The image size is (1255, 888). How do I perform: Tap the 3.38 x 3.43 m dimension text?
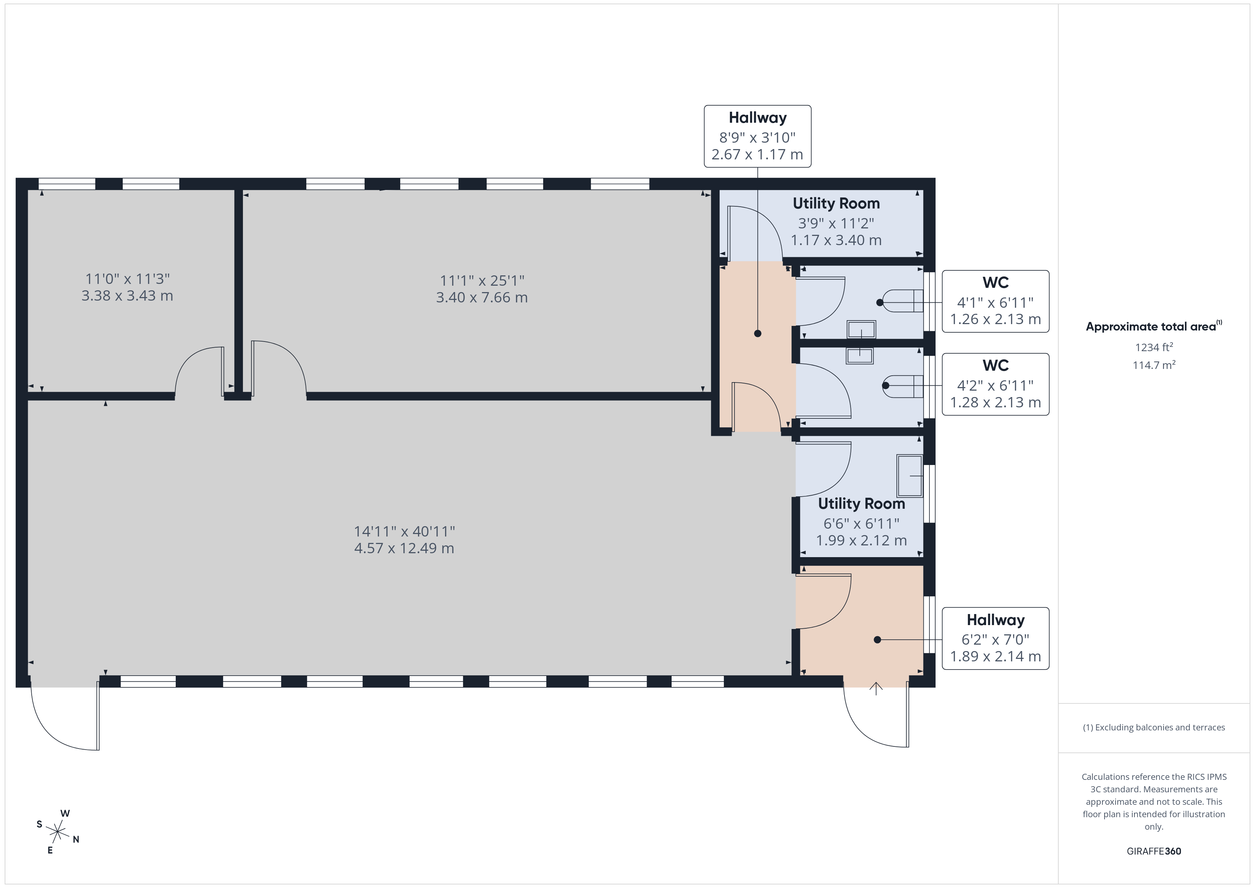(127, 296)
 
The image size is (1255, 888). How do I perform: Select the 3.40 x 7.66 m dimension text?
(482, 297)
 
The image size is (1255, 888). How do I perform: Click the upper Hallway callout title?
(758, 117)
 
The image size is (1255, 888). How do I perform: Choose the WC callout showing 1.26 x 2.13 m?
(995, 301)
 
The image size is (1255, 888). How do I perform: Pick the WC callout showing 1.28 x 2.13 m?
(995, 384)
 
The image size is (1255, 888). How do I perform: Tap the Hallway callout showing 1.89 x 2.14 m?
(995, 638)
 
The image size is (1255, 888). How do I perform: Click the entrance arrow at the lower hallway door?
(876, 688)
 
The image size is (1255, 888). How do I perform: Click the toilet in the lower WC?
(902, 386)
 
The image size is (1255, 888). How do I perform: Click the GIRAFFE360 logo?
(1154, 851)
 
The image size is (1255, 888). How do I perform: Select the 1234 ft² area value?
(1154, 347)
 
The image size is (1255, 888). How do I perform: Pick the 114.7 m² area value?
(1154, 365)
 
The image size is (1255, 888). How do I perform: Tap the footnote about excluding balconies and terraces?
(1154, 727)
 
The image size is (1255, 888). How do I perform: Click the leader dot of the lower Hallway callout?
(877, 640)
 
